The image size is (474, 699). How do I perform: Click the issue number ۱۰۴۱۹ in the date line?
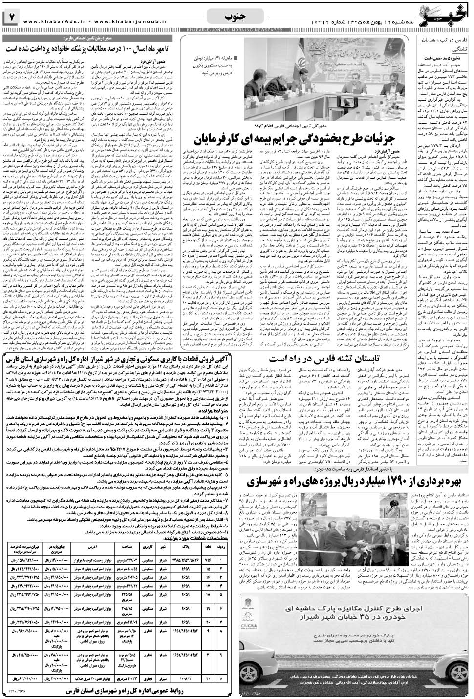[337, 22]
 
